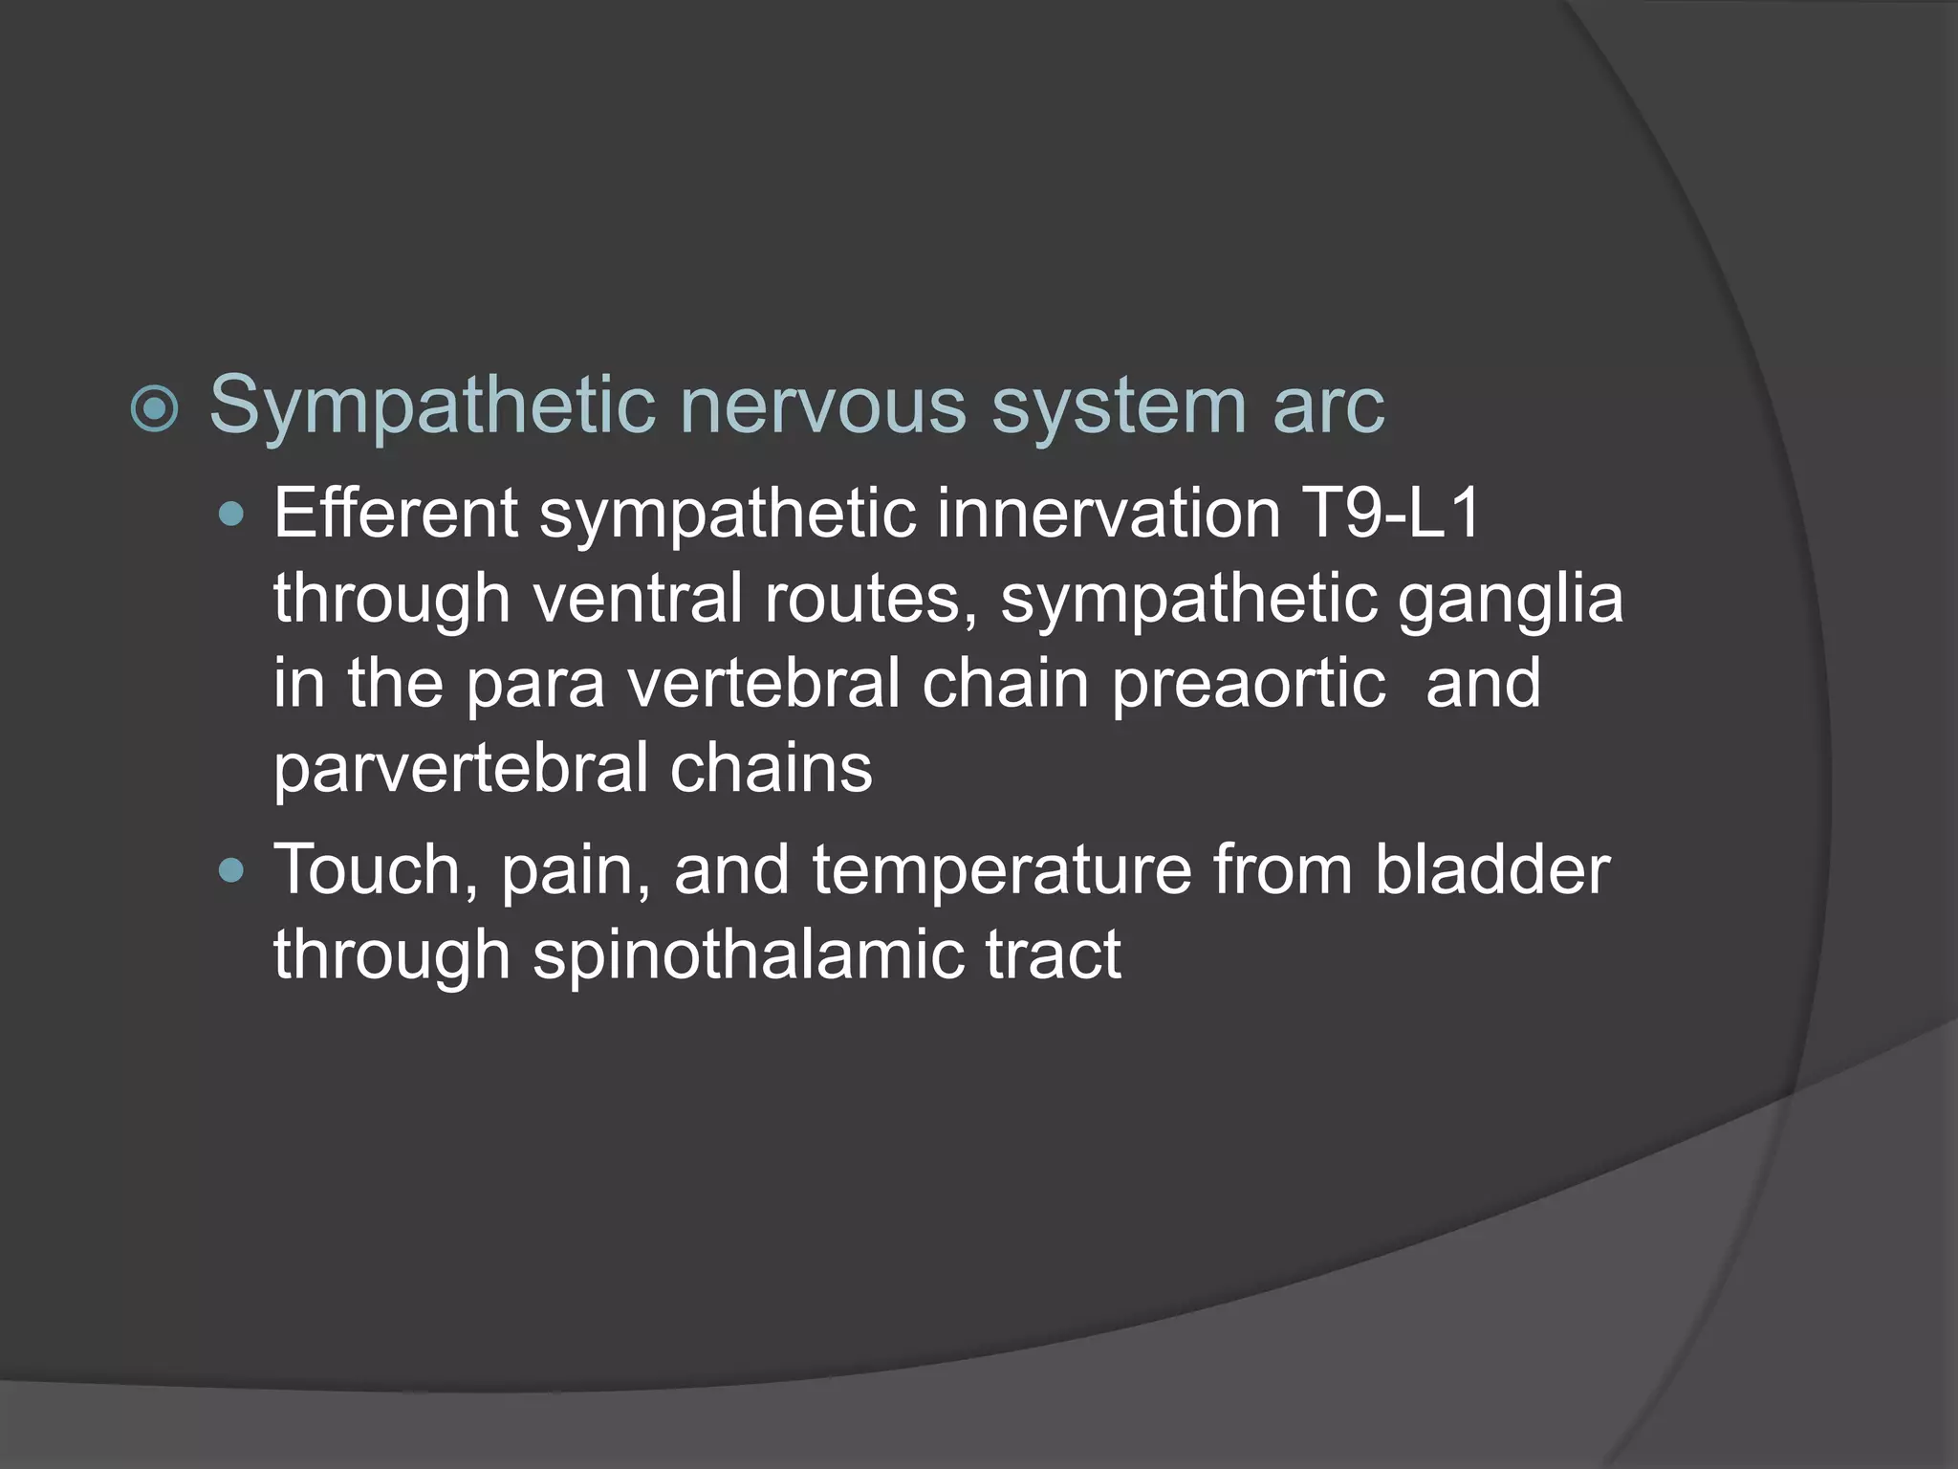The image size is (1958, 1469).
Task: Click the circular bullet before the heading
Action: pyautogui.click(x=155, y=410)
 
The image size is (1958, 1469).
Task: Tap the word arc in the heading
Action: pyautogui.click(x=1328, y=406)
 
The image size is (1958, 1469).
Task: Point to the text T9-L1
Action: pyautogui.click(x=1391, y=514)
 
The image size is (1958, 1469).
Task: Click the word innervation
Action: pyautogui.click(x=1108, y=514)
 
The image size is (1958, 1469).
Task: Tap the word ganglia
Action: pyautogui.click(x=1511, y=599)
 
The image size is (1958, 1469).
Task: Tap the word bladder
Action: pyautogui.click(x=1492, y=870)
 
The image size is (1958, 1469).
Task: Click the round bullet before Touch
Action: pyautogui.click(x=232, y=871)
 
